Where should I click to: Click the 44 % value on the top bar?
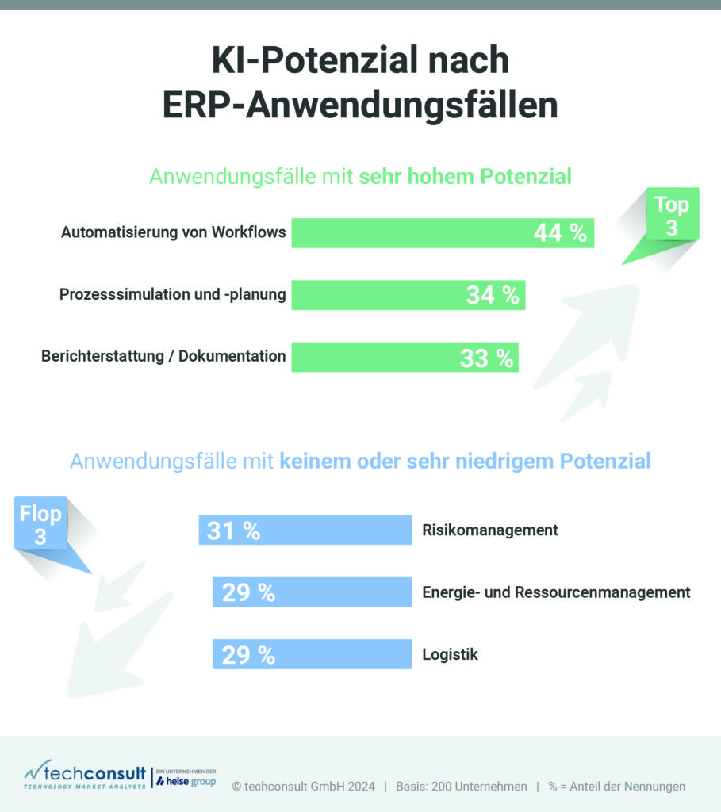559,233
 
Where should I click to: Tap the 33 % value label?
486,358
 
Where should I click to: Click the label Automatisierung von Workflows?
173,233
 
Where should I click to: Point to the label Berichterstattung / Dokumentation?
163,356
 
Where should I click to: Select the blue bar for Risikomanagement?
333,530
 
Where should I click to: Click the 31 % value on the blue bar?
233,530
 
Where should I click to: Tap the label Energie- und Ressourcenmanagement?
556,592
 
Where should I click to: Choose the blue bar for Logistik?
341,655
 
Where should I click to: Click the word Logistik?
450,655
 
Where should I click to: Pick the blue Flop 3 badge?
41,524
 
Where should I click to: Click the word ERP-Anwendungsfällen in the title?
360,106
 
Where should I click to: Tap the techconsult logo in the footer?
86,776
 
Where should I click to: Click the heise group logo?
186,781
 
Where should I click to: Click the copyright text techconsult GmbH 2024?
303,787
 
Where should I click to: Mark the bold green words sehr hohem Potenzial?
465,176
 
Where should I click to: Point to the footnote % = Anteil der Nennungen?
616,787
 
